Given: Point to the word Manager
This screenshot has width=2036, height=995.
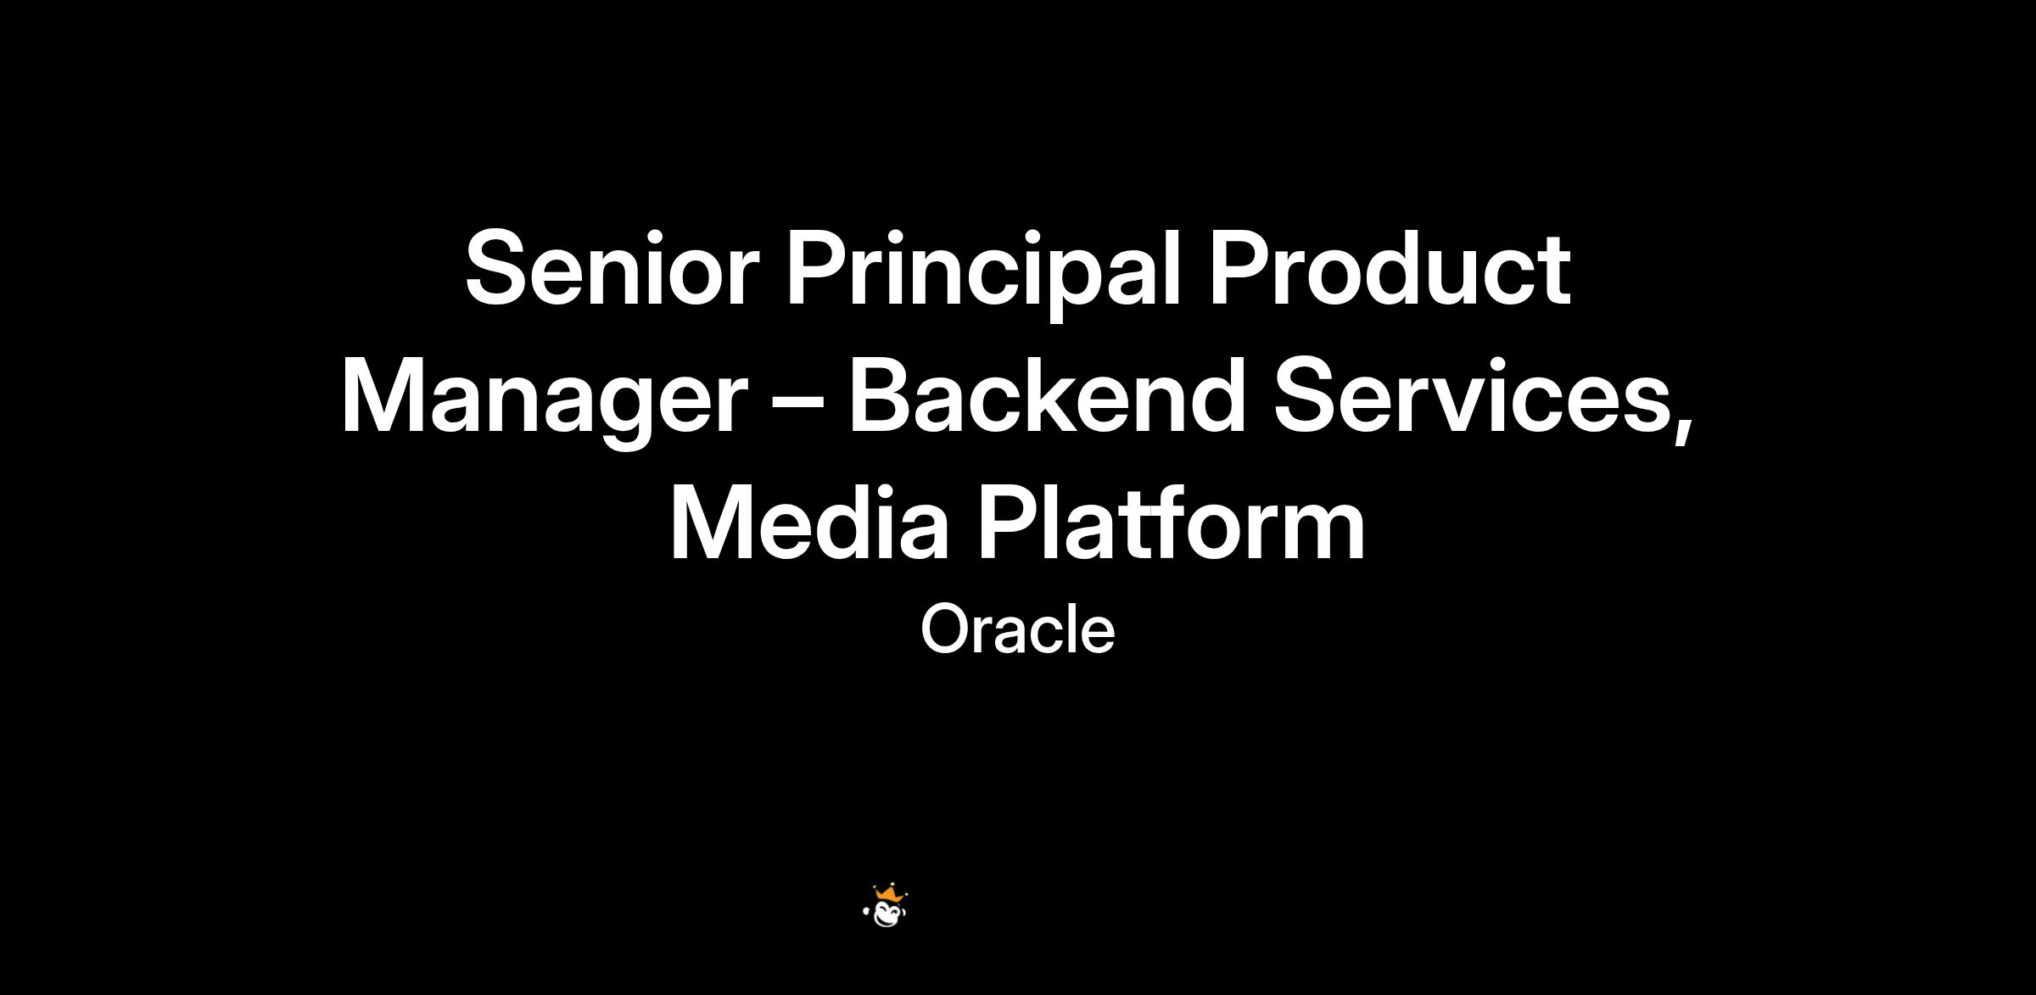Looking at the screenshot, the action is point(544,402).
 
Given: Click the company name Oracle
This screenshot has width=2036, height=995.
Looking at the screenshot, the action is point(1017,629).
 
